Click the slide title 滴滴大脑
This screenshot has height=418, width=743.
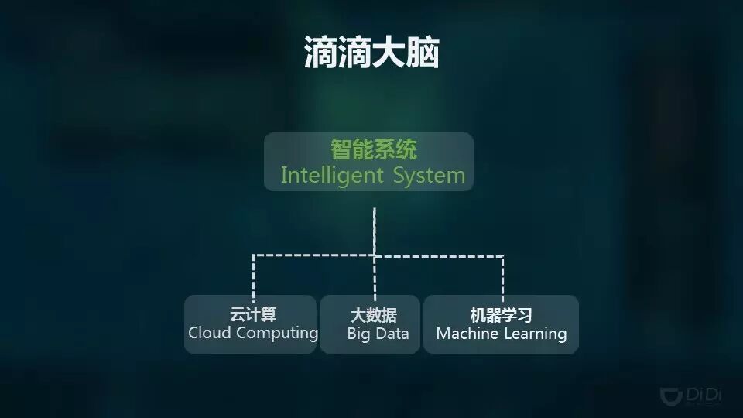[371, 53]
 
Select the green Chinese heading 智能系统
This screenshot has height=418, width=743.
[374, 149]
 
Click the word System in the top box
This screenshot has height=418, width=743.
[429, 175]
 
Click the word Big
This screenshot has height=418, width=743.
[358, 335]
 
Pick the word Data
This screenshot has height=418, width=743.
[392, 334]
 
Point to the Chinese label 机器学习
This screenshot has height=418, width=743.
[502, 315]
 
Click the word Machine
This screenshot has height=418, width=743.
[467, 334]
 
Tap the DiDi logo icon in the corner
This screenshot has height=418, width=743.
[671, 395]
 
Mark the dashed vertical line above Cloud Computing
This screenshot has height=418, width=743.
[253, 275]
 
